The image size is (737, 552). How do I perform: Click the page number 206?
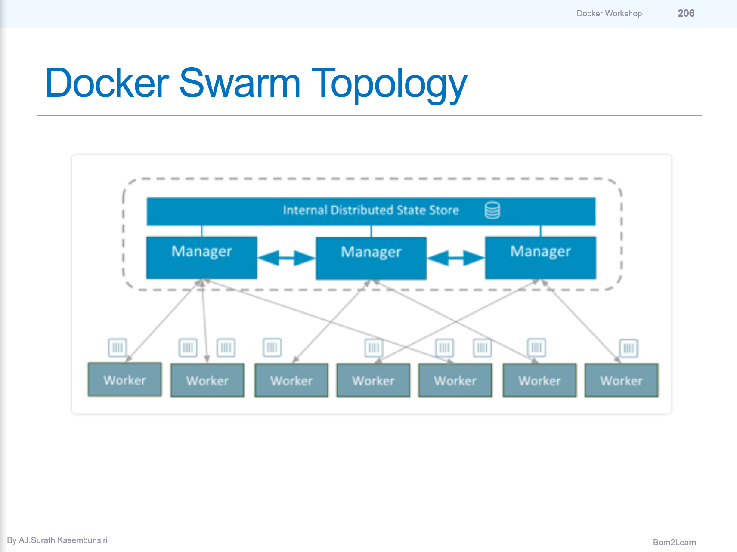[686, 13]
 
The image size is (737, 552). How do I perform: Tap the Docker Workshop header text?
[609, 14]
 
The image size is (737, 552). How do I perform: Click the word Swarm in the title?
[239, 83]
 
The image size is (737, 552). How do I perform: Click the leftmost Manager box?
[201, 257]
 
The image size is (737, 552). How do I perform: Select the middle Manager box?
[371, 258]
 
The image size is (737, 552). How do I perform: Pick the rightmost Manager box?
[540, 257]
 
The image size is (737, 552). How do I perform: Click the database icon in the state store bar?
[492, 210]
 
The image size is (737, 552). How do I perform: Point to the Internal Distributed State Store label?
[371, 210]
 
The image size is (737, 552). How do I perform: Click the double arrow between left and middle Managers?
[286, 258]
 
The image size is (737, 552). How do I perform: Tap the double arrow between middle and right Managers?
[456, 258]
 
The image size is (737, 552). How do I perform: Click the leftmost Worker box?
[125, 379]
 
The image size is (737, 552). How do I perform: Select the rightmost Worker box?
[621, 380]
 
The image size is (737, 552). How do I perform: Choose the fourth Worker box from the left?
[373, 380]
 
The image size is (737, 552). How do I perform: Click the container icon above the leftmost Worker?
[118, 348]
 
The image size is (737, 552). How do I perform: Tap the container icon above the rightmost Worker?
[629, 348]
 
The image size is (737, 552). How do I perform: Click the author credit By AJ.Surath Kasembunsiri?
[57, 540]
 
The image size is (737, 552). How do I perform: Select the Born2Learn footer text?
[674, 542]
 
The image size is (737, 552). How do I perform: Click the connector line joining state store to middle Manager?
[371, 231]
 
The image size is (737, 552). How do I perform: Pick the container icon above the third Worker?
[272, 347]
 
